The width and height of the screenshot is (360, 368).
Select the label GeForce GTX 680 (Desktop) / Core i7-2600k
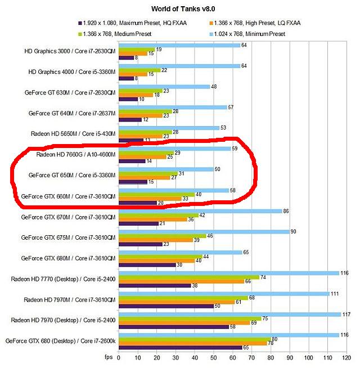[x=61, y=340]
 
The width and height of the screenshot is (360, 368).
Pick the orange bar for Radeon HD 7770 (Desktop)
[x=181, y=281]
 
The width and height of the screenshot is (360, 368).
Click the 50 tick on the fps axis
[x=213, y=357]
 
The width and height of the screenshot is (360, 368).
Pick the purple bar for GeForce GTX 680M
[x=147, y=264]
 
